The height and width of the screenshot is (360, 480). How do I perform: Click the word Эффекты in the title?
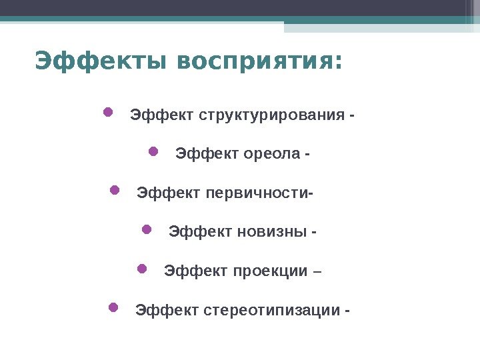click(x=101, y=61)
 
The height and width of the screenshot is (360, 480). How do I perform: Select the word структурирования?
click(x=272, y=116)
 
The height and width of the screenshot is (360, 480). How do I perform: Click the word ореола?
click(x=272, y=154)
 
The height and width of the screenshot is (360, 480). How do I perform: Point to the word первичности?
click(x=257, y=193)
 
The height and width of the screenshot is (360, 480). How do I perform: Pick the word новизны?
click(x=272, y=231)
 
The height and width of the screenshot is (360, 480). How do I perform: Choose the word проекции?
click(x=270, y=271)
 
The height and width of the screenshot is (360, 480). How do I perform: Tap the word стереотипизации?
click(x=271, y=310)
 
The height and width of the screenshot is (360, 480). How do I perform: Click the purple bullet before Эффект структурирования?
click(x=108, y=112)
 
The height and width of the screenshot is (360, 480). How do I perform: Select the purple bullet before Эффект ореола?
click(x=153, y=151)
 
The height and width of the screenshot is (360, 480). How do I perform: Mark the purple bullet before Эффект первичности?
click(x=115, y=190)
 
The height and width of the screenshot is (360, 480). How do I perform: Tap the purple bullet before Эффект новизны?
click(x=147, y=229)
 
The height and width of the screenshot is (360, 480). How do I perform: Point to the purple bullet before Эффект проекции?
click(x=142, y=269)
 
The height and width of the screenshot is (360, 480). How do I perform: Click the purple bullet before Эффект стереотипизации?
click(x=113, y=307)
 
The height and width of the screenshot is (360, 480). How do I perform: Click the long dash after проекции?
click(x=317, y=271)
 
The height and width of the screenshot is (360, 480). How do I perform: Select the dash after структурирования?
click(x=351, y=116)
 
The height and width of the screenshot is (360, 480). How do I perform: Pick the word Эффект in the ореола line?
click(x=207, y=154)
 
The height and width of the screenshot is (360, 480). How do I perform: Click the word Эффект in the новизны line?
click(x=200, y=231)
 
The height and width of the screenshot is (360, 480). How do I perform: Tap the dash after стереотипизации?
click(x=347, y=311)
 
